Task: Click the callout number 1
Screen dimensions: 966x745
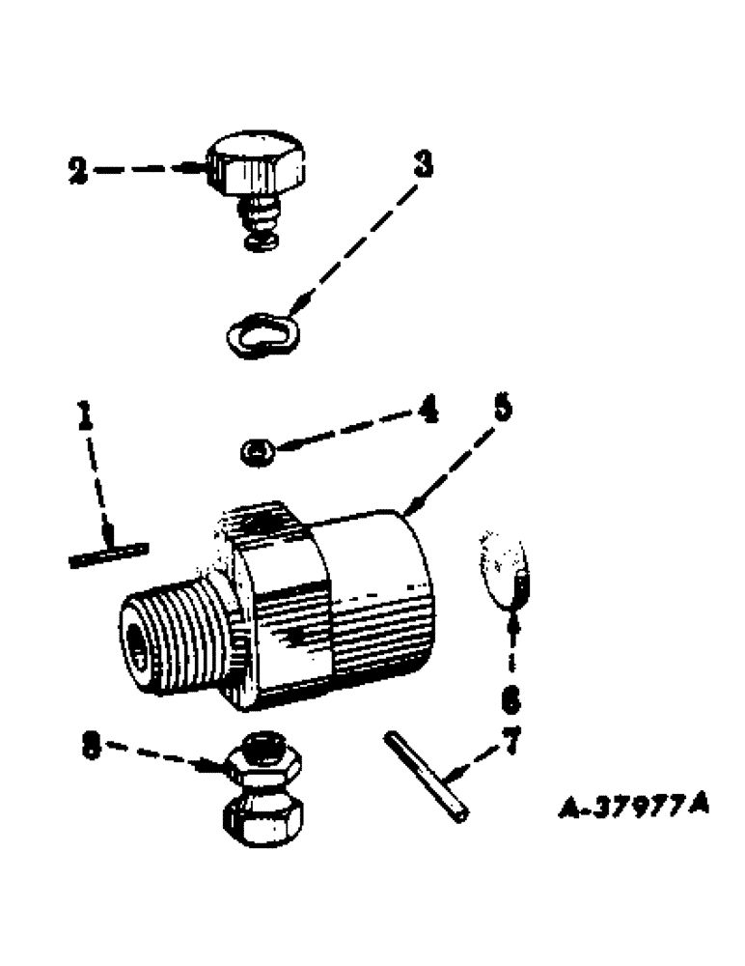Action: (86, 417)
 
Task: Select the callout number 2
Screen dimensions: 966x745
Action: (78, 172)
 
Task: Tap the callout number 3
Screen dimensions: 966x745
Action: (422, 165)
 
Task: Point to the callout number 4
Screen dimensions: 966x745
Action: (426, 413)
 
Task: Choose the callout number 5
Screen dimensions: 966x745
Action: (501, 410)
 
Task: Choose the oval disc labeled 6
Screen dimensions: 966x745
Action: (507, 571)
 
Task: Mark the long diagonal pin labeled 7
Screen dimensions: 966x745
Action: (426, 777)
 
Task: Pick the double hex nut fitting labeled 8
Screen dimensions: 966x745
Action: (263, 792)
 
